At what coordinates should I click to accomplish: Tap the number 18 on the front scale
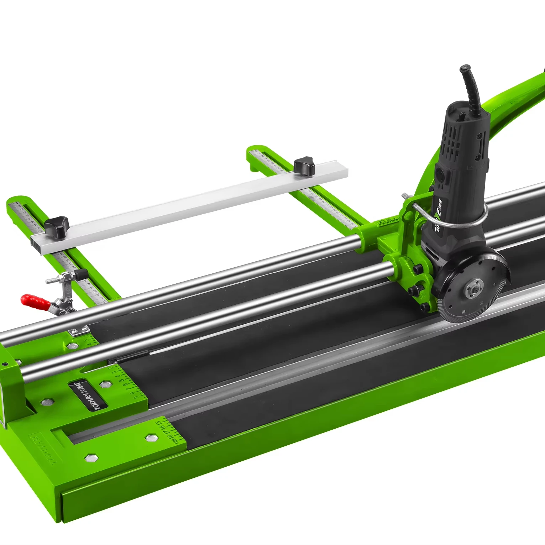171,436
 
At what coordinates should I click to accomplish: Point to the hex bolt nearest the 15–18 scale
151,437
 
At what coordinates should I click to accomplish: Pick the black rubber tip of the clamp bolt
82,274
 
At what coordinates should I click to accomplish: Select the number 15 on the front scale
158,424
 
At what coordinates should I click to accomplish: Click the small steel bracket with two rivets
78,332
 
